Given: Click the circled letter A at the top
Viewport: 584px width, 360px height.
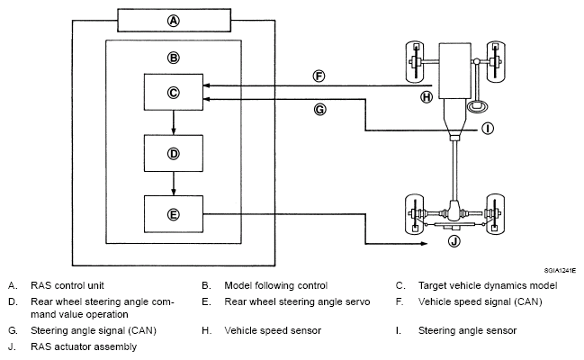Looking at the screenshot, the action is point(173,21).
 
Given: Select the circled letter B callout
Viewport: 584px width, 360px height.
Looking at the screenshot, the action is point(173,58).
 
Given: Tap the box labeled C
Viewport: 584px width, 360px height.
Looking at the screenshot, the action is point(174,92).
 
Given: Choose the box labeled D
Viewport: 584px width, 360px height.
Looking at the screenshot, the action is point(174,153).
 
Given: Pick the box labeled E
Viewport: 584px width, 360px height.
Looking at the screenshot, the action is point(174,214).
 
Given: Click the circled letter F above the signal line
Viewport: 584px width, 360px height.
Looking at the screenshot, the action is point(319,76).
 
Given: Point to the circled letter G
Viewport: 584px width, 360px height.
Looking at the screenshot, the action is point(319,110).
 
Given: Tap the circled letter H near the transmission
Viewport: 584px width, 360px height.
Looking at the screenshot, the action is point(427,97).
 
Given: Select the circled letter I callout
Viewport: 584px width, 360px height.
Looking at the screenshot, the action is point(488,129).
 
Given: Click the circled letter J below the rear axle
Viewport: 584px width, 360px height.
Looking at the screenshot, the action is point(454,241).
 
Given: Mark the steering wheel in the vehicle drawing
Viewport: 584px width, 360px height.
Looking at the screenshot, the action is point(477,106).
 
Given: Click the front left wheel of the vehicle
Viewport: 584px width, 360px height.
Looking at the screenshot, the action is point(415,62).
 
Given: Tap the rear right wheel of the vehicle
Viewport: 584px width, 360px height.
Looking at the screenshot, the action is point(495,214).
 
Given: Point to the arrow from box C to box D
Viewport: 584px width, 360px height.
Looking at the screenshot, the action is point(173,122).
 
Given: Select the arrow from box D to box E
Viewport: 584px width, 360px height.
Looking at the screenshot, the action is point(173,184).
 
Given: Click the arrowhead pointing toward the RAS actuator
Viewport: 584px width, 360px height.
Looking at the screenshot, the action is point(424,244).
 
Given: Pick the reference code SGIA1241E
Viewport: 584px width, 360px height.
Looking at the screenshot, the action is point(560,271).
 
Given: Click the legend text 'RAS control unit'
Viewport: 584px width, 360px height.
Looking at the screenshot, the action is point(67,285).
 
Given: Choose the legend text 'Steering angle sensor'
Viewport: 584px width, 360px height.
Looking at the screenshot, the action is point(467,330).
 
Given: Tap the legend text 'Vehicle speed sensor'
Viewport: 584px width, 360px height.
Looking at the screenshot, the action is point(273,330).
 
